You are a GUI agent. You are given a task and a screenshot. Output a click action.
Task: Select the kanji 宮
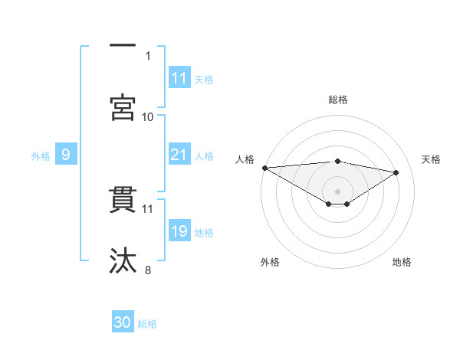(123, 107)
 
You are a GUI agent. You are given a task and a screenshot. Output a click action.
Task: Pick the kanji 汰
(123, 260)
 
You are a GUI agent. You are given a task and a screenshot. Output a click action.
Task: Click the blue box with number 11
(179, 78)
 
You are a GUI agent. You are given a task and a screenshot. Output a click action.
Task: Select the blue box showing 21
(179, 155)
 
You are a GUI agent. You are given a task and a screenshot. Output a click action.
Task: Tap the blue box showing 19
(179, 231)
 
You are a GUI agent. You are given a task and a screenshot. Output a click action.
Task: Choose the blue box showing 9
(66, 155)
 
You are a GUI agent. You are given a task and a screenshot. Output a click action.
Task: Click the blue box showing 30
(123, 322)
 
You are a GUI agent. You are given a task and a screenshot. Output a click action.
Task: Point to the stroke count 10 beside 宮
(148, 116)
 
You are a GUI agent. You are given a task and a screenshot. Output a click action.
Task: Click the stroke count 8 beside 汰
(148, 270)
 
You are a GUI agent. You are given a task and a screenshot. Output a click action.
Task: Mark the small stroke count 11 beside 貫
(148, 208)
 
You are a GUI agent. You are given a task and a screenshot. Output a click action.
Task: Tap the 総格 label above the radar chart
(338, 100)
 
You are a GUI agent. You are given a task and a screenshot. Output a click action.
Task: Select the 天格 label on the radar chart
(432, 159)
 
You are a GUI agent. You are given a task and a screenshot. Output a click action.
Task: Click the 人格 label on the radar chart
(245, 159)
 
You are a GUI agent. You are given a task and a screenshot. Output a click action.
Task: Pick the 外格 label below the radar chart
(269, 263)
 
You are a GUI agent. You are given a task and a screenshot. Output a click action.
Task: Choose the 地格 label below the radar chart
(402, 263)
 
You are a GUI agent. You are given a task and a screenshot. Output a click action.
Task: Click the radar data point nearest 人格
(264, 168)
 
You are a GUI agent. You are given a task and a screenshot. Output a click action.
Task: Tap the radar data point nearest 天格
(396, 172)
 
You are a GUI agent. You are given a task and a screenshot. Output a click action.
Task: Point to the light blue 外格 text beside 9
(41, 155)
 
